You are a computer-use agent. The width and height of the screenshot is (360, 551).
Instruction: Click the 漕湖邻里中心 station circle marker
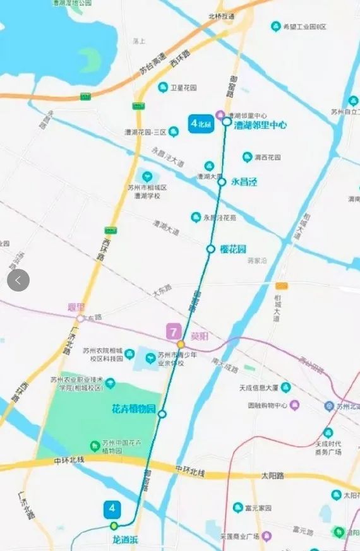(x=227, y=121)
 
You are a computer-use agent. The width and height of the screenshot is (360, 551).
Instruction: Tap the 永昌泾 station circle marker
(x=222, y=182)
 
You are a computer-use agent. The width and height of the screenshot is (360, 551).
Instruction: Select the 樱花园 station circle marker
(x=211, y=249)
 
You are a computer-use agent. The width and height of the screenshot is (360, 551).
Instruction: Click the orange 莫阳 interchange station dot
(x=181, y=344)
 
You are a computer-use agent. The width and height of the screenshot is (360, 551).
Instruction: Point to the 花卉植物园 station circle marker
(x=162, y=414)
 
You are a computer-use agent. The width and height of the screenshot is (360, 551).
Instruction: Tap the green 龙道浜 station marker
(x=114, y=526)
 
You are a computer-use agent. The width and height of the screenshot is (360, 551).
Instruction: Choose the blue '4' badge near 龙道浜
(x=113, y=508)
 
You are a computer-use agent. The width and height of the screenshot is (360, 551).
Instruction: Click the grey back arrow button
(x=18, y=280)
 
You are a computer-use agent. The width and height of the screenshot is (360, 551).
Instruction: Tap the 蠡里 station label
(x=76, y=307)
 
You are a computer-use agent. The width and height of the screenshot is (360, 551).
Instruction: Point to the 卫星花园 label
(x=184, y=88)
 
